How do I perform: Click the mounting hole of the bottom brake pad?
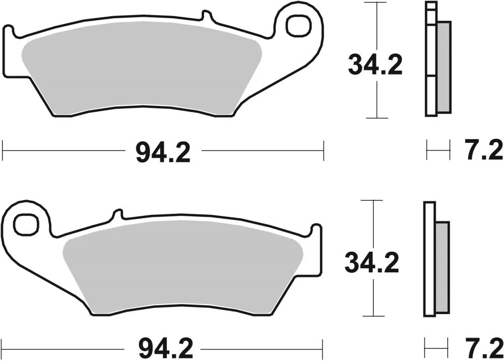click(x=26, y=223)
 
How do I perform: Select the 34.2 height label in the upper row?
click(x=375, y=66)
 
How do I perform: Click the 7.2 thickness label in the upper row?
click(x=482, y=151)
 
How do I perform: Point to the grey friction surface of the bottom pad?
click(x=181, y=272)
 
